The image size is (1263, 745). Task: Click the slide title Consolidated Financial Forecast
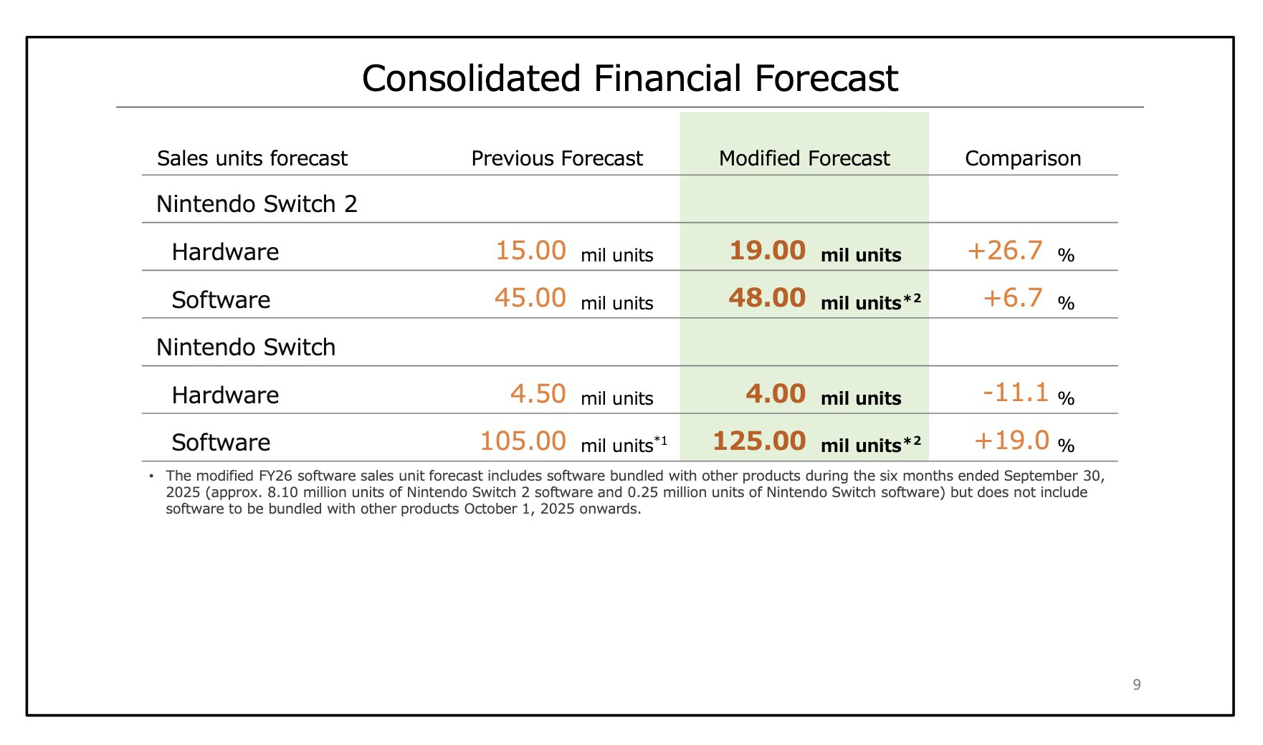pos(629,78)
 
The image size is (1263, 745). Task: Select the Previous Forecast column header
pos(557,158)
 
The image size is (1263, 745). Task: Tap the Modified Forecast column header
pos(804,158)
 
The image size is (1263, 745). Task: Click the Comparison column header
pos(1023,158)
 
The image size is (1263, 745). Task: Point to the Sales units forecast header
pos(252,158)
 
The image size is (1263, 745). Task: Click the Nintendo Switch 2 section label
pos(257,204)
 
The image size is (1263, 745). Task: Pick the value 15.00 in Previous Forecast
pos(530,251)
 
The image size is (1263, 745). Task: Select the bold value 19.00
pos(767,251)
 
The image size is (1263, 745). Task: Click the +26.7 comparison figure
pos(1005,251)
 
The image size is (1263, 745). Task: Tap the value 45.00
pos(530,298)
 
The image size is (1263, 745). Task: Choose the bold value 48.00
pos(767,298)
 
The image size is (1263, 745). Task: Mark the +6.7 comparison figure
pos(1013,298)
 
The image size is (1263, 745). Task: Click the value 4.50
pos(538,394)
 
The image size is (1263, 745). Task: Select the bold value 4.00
pos(776,394)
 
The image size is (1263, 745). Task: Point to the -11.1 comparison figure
pos(1015,393)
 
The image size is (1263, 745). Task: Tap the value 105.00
pos(523,441)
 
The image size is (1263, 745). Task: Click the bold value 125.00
pos(759,441)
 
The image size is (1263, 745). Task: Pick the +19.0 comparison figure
pos(1011,441)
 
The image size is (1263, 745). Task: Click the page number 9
pos(1137,685)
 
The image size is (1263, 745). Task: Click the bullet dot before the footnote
pos(151,476)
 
